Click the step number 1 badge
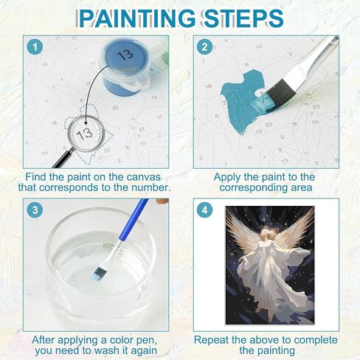pos(35,46)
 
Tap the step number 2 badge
pos(204,46)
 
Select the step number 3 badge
pos(35,210)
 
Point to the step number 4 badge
pos(204,210)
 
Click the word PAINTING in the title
pos(137,18)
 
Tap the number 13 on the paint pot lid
pos(125,55)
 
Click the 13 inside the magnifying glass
pos(84,133)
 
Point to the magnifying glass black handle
pos(62,158)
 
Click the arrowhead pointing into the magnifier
pos(86,122)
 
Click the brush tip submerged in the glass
pos(100,274)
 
